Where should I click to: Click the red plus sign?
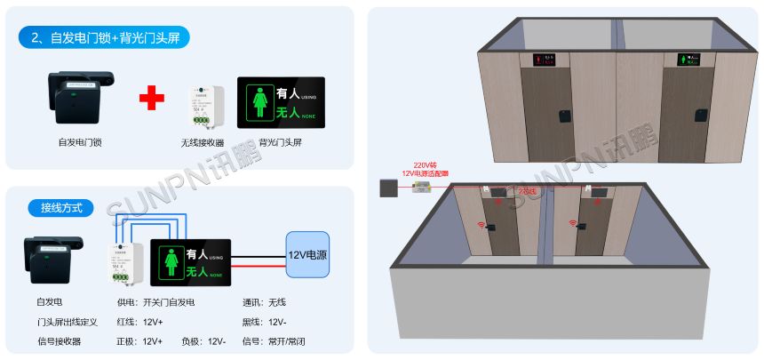click(152, 97)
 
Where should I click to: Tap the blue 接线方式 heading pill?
click(61, 208)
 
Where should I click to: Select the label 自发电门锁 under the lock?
click(81, 141)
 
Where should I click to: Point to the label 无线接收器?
click(203, 142)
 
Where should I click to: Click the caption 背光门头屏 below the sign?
click(280, 142)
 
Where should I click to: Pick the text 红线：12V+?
click(139, 322)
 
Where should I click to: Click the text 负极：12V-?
click(203, 341)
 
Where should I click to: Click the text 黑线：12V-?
click(264, 322)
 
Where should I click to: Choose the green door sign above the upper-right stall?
click(689, 60)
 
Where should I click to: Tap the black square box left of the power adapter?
click(387, 188)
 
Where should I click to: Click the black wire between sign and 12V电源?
click(259, 264)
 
